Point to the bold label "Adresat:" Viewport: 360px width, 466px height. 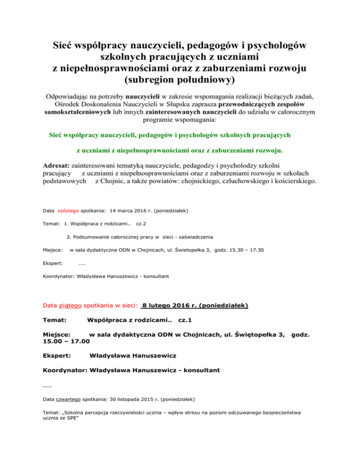(x=56, y=165)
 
